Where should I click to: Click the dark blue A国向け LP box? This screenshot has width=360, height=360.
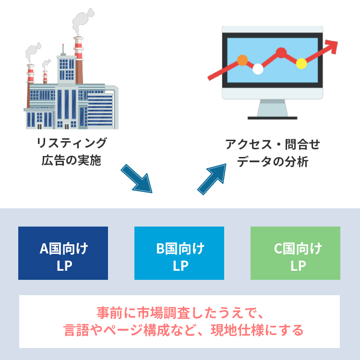[63, 253]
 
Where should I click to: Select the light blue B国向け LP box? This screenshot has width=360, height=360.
[180, 253]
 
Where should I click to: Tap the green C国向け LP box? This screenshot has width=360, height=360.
[295, 253]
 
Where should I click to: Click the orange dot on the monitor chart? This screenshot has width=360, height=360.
[242, 60]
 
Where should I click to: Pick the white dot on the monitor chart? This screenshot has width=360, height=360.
[258, 69]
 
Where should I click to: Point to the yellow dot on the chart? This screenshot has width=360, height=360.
[301, 63]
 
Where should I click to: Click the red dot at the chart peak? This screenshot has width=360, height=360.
[281, 53]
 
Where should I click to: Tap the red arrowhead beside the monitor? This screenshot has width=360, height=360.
[332, 46]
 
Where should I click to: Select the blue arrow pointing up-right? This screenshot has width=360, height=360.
[212, 179]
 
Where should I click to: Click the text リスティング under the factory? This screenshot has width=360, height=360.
[72, 143]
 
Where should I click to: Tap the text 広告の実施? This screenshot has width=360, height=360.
[72, 160]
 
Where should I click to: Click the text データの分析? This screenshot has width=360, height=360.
[273, 162]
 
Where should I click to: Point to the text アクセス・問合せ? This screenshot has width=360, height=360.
[273, 144]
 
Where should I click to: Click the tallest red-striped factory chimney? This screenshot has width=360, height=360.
[79, 60]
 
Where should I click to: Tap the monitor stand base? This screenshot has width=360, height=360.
[272, 118]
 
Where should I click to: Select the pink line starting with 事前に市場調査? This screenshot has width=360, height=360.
[180, 312]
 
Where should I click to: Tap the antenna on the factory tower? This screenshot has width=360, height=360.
[63, 49]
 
